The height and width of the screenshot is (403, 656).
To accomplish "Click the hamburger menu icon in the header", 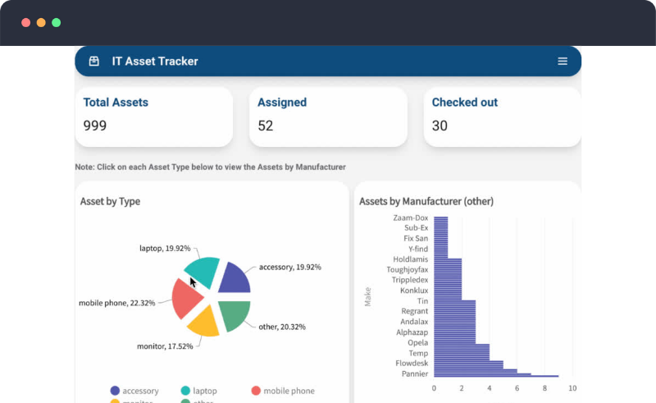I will pos(563,62).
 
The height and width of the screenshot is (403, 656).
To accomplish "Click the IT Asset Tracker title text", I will pos(155,62).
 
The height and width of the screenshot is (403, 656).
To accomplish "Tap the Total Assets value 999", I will pos(95,126).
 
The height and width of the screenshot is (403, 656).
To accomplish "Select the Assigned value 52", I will pos(266,126).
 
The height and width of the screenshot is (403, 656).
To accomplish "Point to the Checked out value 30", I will pos(440,126).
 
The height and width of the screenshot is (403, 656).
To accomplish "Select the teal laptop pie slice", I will pos(203,272).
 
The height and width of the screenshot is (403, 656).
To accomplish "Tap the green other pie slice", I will pos(231,315).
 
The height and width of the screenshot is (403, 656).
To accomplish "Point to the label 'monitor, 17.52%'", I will pos(165,346).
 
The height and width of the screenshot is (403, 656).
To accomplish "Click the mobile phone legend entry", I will pos(283,392).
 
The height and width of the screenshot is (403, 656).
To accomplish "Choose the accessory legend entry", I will pos(134,392).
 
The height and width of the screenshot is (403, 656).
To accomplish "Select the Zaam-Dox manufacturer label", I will pos(411,218).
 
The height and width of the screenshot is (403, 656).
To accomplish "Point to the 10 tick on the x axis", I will pos(572,388).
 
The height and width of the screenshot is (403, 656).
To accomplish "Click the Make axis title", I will pos(368,296).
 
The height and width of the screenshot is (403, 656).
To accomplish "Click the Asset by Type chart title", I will pos(110,201).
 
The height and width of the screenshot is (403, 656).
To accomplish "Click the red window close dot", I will pos(25,23).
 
